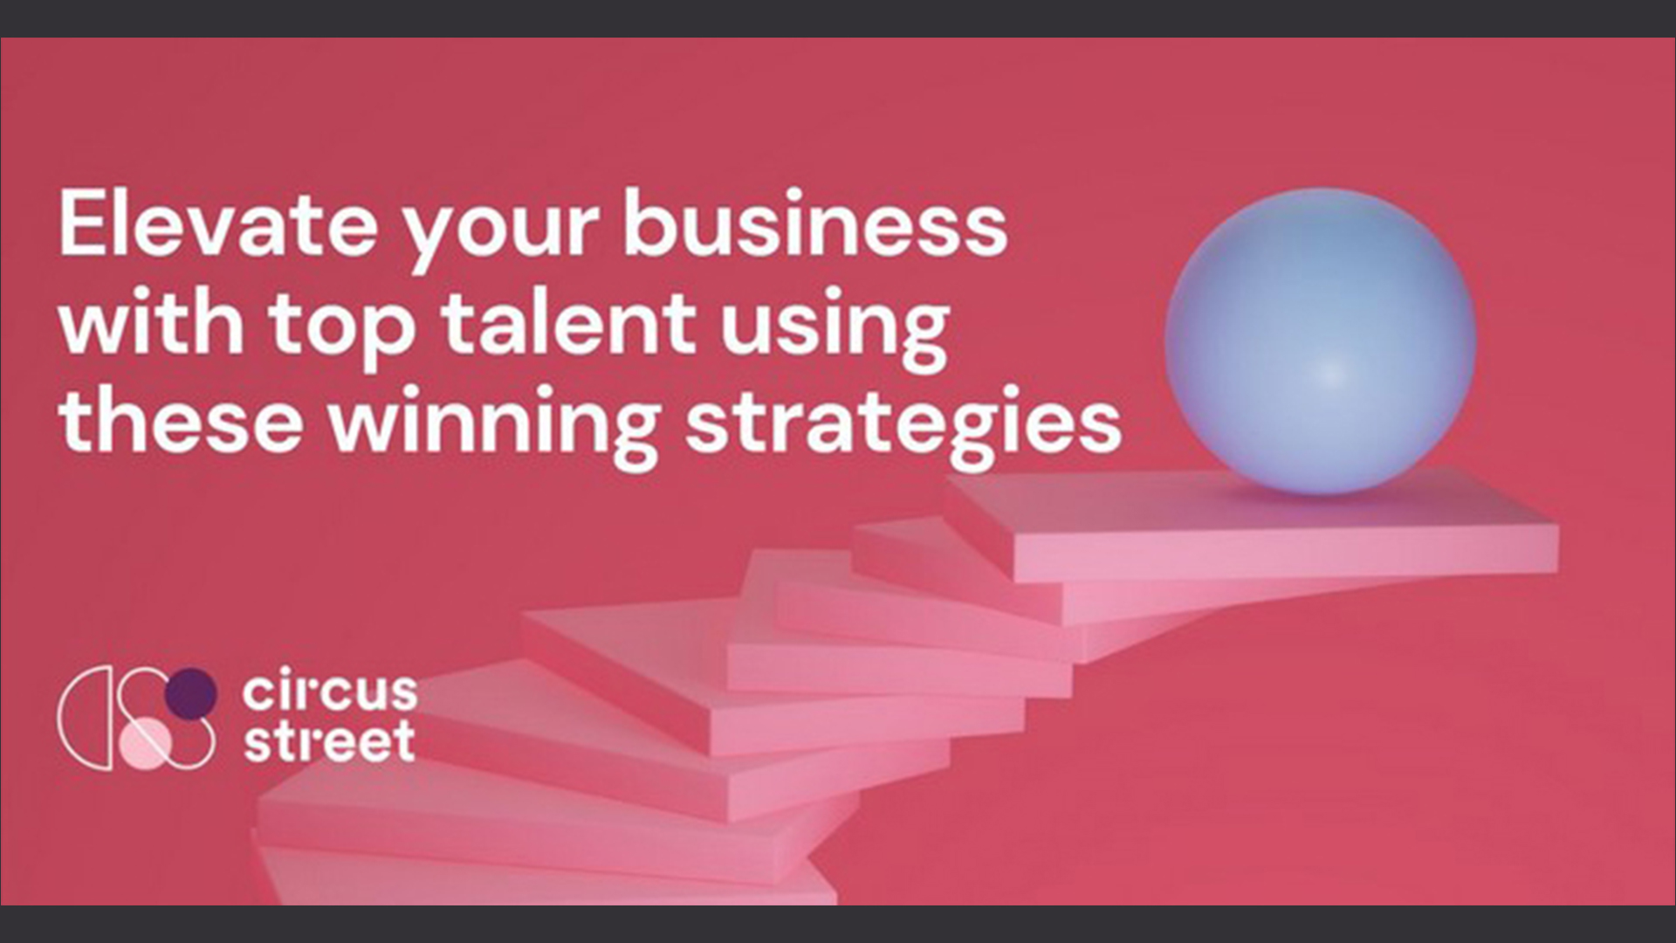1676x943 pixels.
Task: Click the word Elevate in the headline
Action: (217, 224)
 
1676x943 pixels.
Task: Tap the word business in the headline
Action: (814, 224)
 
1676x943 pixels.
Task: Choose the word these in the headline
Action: (181, 421)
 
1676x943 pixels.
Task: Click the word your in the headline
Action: (500, 235)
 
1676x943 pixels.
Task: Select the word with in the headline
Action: (151, 322)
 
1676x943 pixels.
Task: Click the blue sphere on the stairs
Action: (1320, 341)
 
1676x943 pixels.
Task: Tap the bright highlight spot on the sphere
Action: (1328, 373)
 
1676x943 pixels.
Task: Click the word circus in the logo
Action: (330, 692)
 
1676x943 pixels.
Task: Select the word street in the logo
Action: (329, 741)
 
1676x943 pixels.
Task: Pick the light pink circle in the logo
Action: (145, 745)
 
